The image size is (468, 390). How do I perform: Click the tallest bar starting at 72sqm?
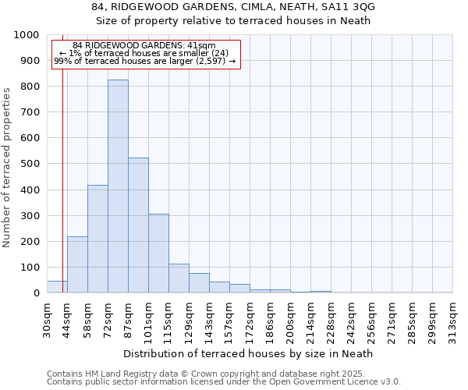click(x=118, y=186)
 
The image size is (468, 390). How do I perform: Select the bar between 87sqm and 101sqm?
click(x=138, y=225)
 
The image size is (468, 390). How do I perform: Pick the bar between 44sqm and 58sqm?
click(x=77, y=264)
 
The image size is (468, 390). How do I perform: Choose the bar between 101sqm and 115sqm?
click(x=158, y=253)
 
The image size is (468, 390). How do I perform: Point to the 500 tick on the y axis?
click(x=30, y=164)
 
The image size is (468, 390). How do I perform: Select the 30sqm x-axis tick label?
click(x=48, y=317)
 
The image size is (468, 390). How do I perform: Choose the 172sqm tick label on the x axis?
click(x=250, y=320)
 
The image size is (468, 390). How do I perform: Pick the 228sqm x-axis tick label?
click(x=331, y=320)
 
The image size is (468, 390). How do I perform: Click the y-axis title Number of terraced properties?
click(x=8, y=167)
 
